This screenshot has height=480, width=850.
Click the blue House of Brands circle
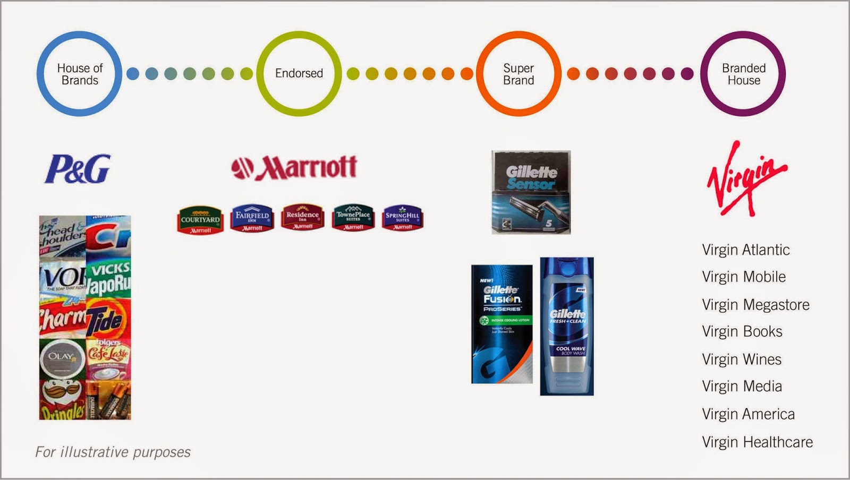tap(80, 74)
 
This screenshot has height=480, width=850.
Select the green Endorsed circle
tap(299, 73)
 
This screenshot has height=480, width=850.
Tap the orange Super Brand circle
tap(518, 74)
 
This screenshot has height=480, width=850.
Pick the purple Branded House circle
tap(743, 74)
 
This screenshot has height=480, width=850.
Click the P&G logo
tap(78, 169)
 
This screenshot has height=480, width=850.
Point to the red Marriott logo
tap(294, 168)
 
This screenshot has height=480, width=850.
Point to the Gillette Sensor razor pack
tap(531, 192)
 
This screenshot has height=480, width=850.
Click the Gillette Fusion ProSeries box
tap(502, 324)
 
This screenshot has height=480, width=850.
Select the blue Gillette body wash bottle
tap(567, 326)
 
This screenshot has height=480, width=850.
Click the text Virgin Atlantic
tap(745, 250)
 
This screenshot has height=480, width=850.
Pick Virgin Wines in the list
tap(742, 359)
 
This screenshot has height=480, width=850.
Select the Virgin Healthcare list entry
tap(757, 442)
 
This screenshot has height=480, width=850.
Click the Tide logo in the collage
tap(107, 319)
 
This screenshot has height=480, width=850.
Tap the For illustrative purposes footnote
tap(113, 452)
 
